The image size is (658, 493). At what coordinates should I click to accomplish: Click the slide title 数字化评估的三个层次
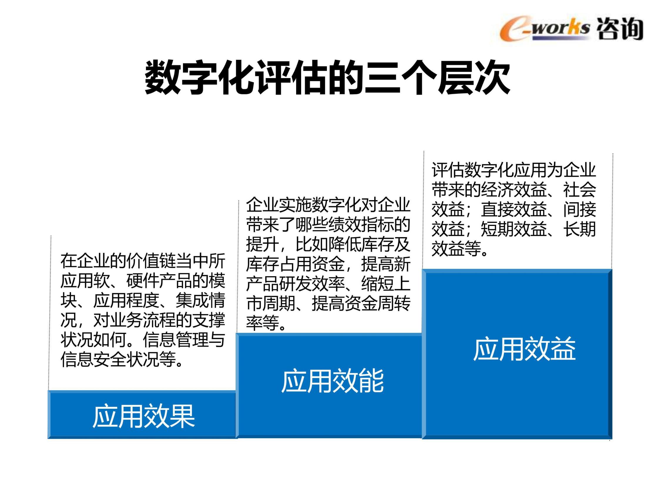tap(328, 77)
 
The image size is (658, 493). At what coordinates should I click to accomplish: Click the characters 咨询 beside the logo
tap(620, 29)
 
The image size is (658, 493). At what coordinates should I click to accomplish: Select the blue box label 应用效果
tap(144, 416)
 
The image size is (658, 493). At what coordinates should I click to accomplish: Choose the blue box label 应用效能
tap(333, 381)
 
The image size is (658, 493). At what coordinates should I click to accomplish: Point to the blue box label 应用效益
tap(524, 349)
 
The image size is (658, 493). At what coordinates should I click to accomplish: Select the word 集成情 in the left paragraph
tap(200, 301)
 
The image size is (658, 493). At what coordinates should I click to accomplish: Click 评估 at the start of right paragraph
tap(448, 170)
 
